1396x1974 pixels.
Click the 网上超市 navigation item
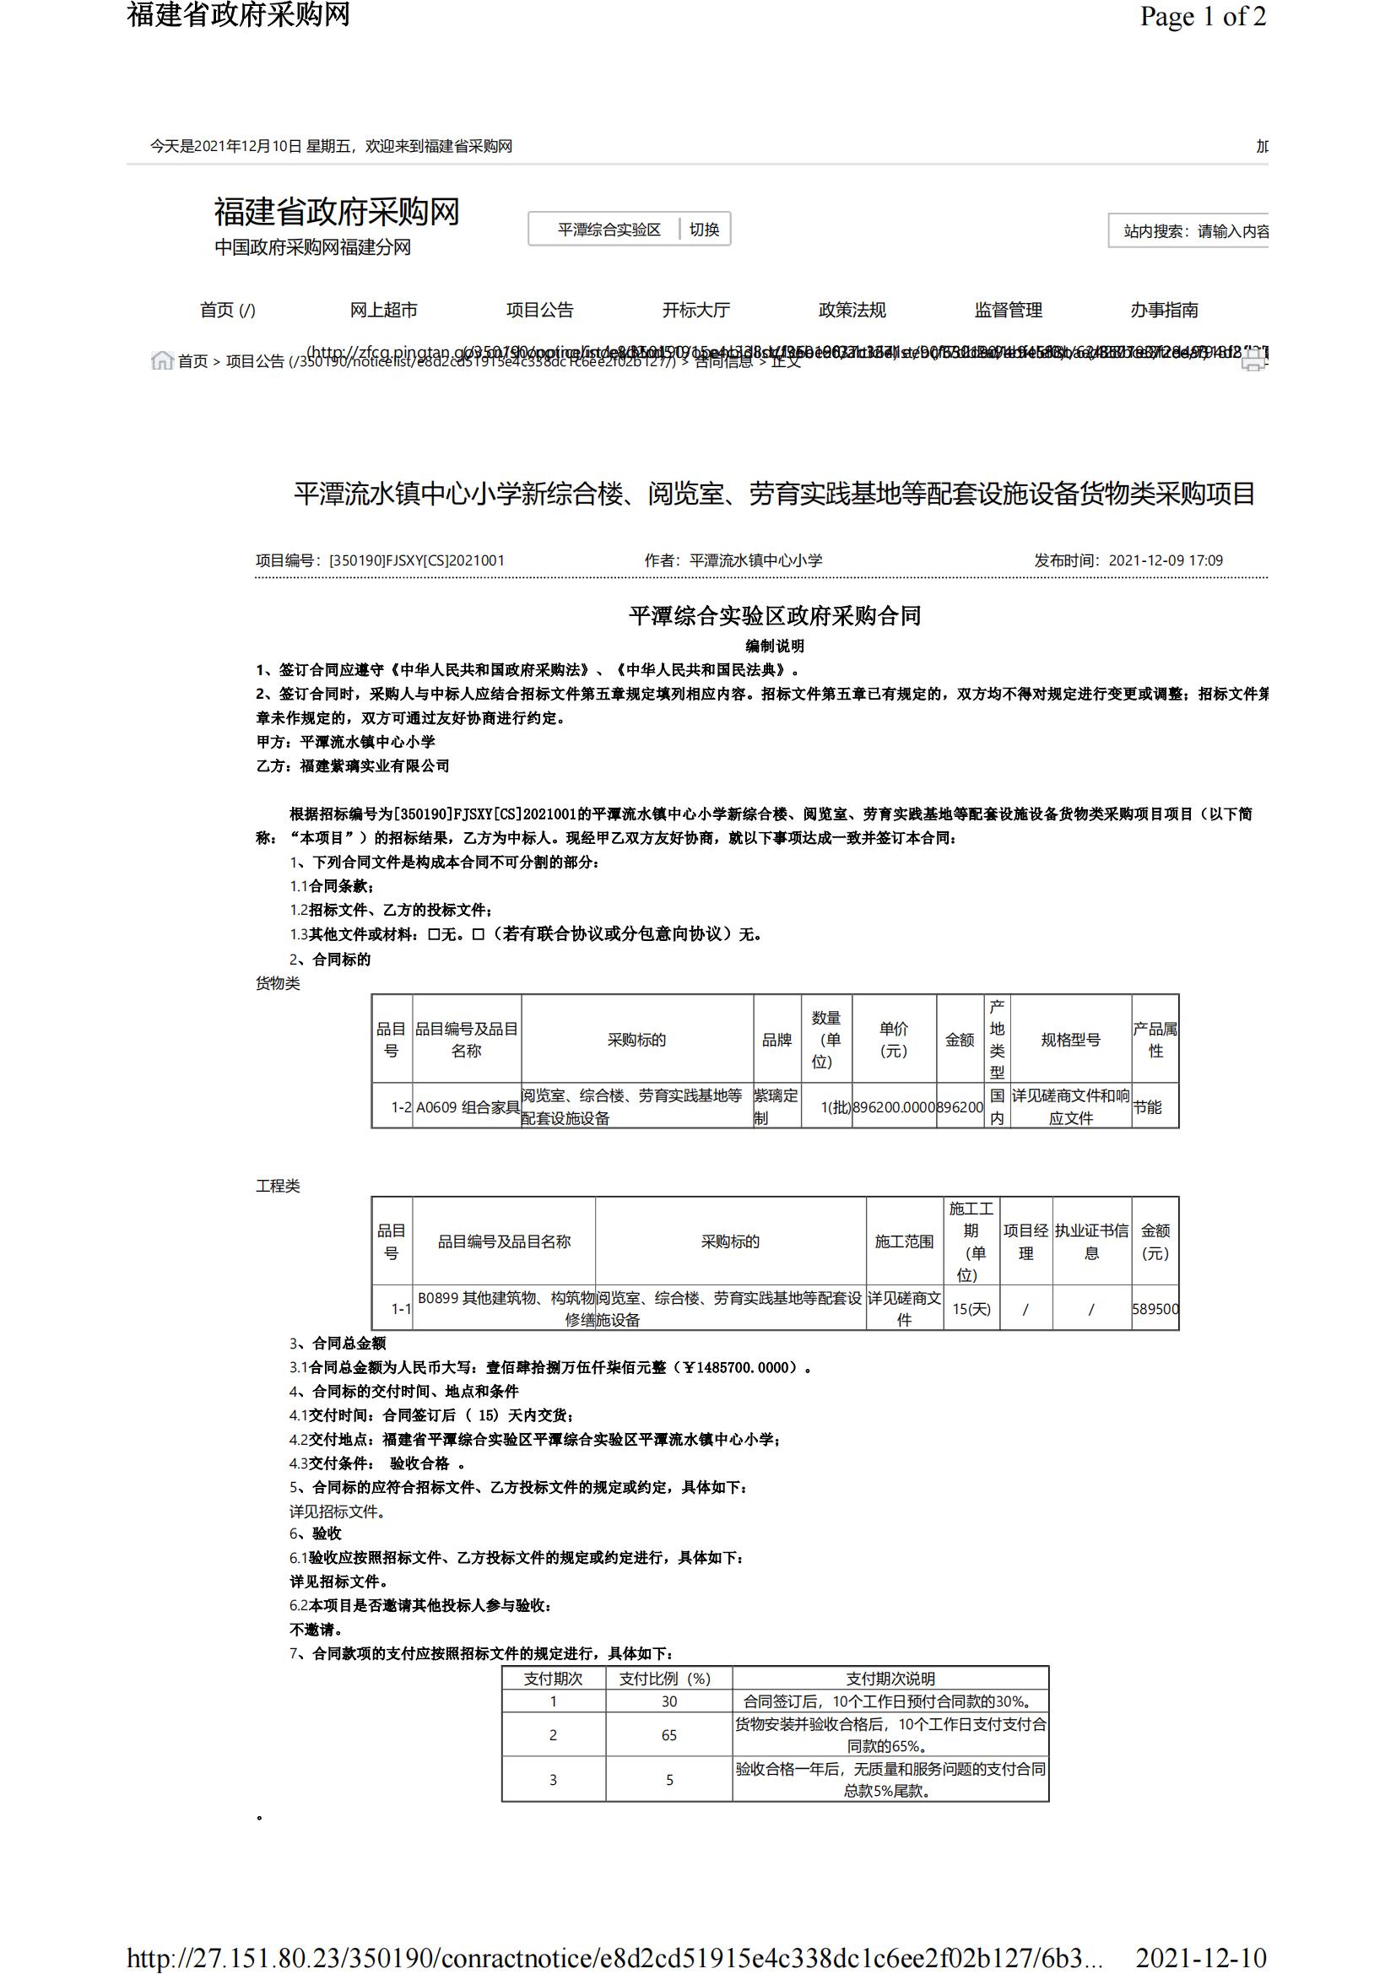(x=383, y=310)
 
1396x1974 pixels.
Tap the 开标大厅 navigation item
(x=695, y=310)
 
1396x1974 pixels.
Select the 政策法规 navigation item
(x=852, y=310)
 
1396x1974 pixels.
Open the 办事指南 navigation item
(x=1164, y=310)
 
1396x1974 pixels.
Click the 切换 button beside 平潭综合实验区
(x=704, y=230)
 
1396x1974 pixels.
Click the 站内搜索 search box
(x=1195, y=231)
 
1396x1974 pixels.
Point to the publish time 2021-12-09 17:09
(x=1165, y=560)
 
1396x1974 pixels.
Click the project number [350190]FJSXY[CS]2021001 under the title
(x=417, y=560)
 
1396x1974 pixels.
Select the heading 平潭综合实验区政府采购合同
(x=775, y=615)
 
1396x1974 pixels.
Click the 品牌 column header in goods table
(x=776, y=1040)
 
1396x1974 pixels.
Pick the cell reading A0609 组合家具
(x=467, y=1107)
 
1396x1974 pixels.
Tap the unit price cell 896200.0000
(x=893, y=1107)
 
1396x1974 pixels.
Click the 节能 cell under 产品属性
(x=1148, y=1107)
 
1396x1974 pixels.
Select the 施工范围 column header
(x=903, y=1241)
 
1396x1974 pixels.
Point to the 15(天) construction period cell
(x=971, y=1310)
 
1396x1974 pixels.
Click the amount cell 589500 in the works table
(x=1155, y=1310)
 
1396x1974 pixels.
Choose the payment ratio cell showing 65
(x=668, y=1735)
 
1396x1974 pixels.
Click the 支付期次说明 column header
(x=890, y=1679)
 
